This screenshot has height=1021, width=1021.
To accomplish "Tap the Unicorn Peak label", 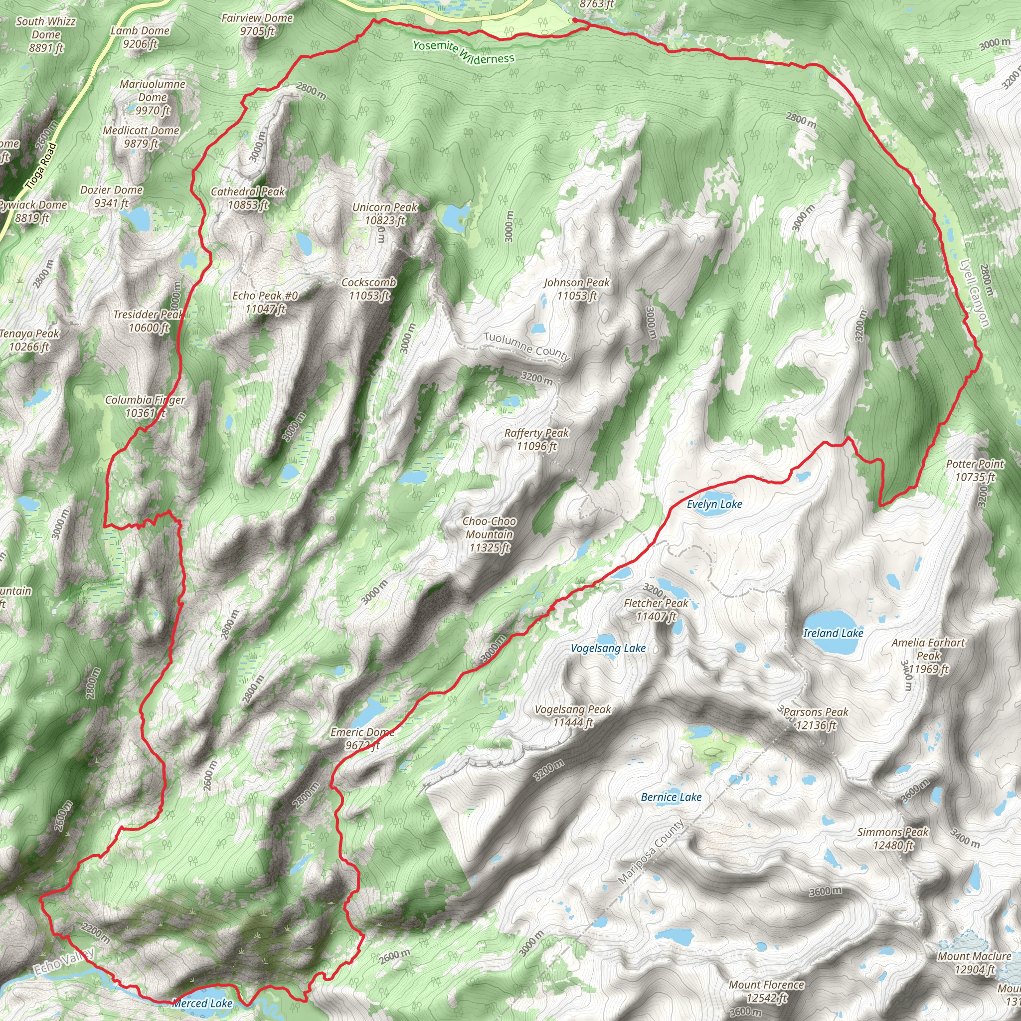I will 385,213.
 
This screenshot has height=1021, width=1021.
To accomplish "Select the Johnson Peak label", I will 577,289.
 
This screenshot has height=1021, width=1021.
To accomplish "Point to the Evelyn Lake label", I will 714,504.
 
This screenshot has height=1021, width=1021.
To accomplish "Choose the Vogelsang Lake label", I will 608,649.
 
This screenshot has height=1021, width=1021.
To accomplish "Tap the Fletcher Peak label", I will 656,609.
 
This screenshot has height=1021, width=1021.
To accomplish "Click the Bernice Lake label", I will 671,797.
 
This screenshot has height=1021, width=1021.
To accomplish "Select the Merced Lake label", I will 202,1003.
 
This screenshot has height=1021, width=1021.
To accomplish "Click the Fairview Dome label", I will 257,24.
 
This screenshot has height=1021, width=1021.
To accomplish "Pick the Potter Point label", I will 975,470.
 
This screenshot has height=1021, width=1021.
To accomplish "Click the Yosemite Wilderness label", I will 463,52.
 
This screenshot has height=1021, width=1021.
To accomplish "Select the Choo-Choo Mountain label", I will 490,534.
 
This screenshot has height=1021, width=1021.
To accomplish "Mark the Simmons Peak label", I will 892,838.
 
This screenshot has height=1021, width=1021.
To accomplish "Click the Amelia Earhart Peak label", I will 928,655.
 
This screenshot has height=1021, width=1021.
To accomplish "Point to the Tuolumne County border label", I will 526,346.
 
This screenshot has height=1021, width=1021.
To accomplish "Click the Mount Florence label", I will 766,991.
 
